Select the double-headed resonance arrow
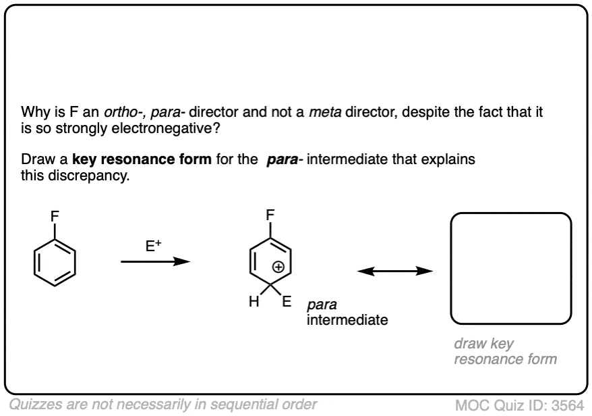394,271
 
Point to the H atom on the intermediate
253,303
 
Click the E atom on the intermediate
286,303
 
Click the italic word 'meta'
322,111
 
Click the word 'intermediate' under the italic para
347,319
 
